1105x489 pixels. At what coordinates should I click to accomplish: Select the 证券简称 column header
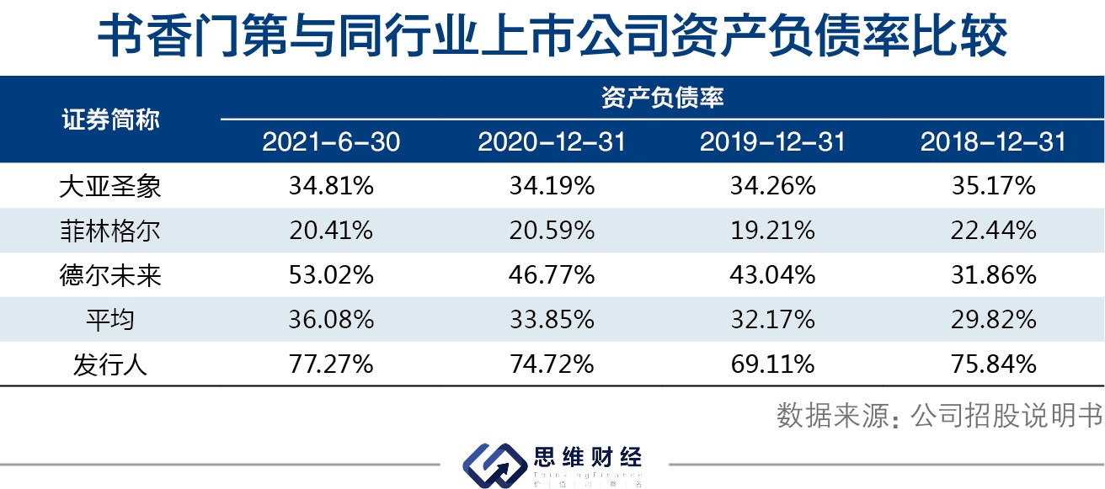tap(110, 120)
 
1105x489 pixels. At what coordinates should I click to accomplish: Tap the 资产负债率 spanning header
tap(662, 98)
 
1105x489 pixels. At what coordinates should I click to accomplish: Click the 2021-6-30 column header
tap(331, 142)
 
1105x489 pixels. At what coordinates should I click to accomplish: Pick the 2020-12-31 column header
tap(552, 142)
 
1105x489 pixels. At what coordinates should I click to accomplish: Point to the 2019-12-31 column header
tap(772, 142)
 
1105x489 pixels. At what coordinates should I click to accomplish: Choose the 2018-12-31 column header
tap(993, 142)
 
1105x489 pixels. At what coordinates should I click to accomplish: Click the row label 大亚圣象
tap(110, 186)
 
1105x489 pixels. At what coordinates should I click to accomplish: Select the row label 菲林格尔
tap(110, 231)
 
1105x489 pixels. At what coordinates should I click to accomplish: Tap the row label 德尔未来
tap(110, 275)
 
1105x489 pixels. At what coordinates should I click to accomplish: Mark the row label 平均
tap(110, 320)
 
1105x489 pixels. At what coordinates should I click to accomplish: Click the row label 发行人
tap(110, 364)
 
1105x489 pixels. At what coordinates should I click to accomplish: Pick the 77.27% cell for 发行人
tap(331, 364)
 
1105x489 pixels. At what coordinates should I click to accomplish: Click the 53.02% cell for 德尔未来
tap(331, 275)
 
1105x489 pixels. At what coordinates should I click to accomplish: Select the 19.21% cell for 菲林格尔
tap(772, 231)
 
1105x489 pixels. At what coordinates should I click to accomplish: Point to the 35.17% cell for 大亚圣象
tap(993, 186)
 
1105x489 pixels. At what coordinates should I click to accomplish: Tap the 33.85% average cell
tap(552, 320)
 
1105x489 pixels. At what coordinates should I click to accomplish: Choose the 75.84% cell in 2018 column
tap(993, 364)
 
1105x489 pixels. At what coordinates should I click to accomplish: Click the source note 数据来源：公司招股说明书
tap(938, 417)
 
